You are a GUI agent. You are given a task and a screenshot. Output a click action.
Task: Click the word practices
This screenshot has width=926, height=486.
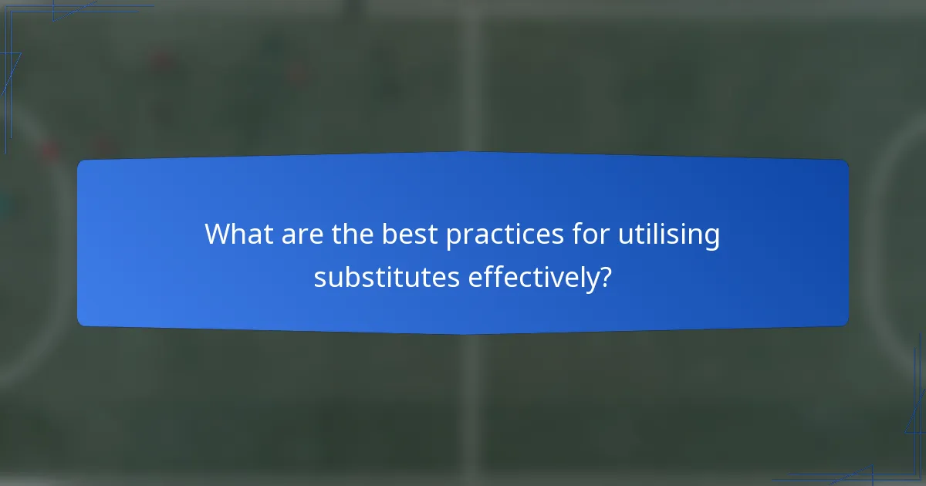(502, 235)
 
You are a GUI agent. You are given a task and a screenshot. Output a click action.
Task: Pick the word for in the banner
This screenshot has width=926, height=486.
(585, 235)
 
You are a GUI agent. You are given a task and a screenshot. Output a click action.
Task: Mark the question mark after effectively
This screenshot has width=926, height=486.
(607, 277)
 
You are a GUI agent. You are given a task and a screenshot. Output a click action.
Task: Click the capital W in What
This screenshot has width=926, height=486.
(216, 235)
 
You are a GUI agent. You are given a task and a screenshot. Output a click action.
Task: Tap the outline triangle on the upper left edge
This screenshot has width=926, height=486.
(11, 69)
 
